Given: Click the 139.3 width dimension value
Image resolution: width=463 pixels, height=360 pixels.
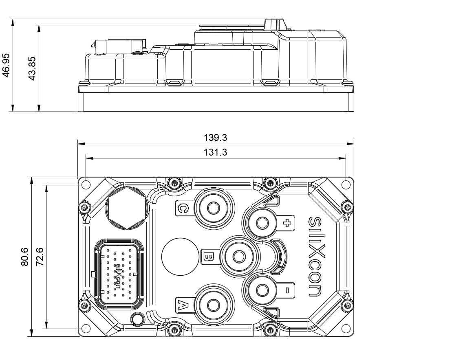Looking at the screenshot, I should click(215, 138).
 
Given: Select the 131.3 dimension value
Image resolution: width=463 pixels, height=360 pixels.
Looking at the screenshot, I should click(215, 152).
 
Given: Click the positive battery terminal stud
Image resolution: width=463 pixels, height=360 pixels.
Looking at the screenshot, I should click(261, 222).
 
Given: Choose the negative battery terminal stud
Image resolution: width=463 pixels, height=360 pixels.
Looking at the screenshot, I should click(261, 290).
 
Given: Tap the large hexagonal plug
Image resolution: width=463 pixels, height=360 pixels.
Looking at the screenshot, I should click(126, 208).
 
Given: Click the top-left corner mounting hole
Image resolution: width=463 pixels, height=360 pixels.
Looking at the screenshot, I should click(86, 185).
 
